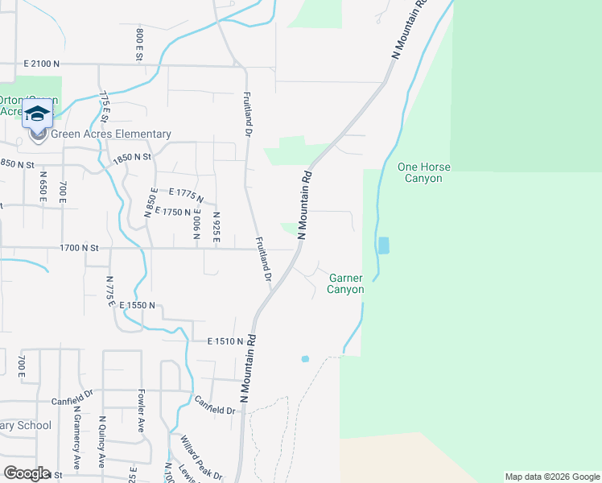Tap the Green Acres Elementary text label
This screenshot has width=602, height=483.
111,134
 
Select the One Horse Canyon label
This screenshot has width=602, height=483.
424,172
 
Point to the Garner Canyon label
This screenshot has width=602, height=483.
346,283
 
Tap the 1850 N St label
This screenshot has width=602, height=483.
132,159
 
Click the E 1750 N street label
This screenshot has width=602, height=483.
171,212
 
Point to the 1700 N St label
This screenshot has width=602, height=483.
78,249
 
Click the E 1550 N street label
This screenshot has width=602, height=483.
142,306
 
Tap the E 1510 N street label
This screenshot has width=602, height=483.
225,341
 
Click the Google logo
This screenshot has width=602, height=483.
26,473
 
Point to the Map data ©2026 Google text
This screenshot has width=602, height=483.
551,477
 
